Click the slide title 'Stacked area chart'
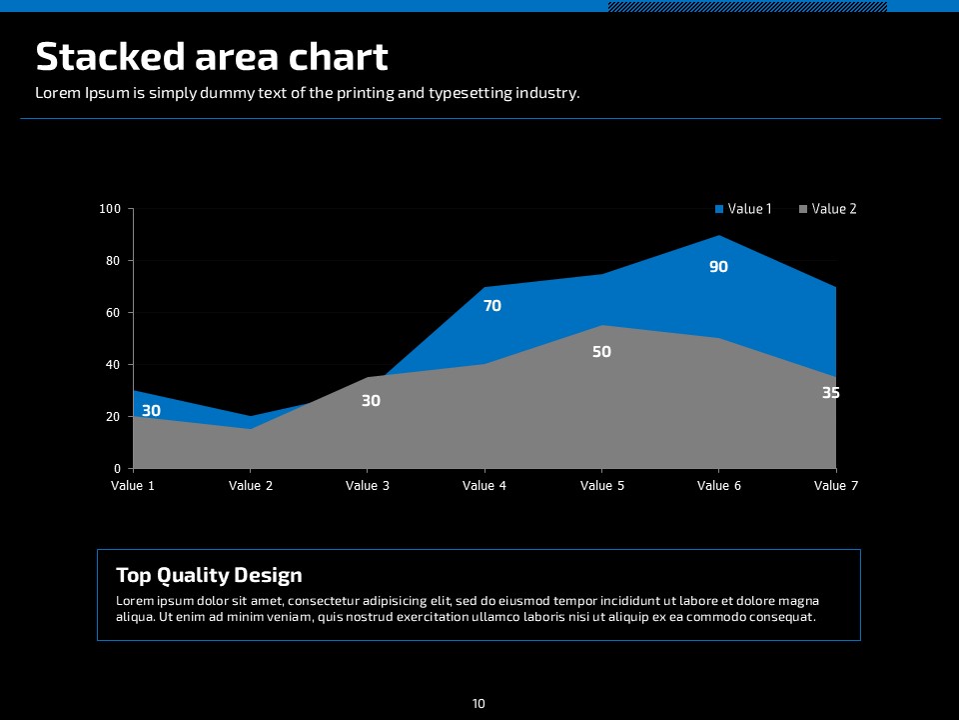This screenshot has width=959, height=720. [x=212, y=57]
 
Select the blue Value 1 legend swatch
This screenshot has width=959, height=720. [x=719, y=209]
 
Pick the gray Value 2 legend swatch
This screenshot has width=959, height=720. [x=803, y=209]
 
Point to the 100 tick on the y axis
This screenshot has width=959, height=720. [x=110, y=209]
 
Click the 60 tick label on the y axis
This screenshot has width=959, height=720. [x=113, y=313]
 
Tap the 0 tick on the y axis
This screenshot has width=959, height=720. [x=117, y=469]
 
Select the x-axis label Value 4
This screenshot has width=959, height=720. [x=484, y=486]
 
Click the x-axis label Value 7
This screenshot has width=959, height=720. [x=836, y=486]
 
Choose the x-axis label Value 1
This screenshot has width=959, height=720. [x=133, y=486]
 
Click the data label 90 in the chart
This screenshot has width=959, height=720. [x=719, y=267]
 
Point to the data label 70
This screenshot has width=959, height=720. [x=492, y=306]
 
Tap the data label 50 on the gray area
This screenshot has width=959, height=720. [x=601, y=352]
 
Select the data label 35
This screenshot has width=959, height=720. [x=831, y=393]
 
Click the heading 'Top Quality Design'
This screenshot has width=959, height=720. [x=209, y=575]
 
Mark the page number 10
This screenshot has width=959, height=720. [x=479, y=704]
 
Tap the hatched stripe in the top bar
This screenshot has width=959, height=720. [x=747, y=6]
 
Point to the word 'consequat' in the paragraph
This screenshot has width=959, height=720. [x=785, y=617]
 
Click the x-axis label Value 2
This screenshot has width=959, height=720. [x=251, y=486]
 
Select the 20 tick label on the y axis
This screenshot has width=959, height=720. [x=113, y=417]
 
